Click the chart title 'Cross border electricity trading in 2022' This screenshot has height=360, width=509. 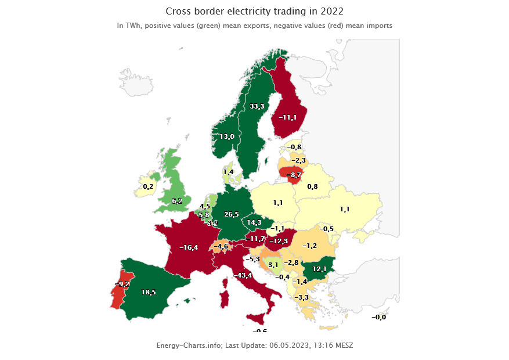pyautogui.click(x=255, y=11)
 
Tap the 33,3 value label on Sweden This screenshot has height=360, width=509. pyautogui.click(x=257, y=107)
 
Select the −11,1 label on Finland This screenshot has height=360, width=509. pyautogui.click(x=288, y=117)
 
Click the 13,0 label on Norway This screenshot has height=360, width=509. pyautogui.click(x=227, y=136)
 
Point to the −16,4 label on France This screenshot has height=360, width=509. pyautogui.click(x=189, y=247)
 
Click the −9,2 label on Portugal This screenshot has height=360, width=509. pyautogui.click(x=122, y=284)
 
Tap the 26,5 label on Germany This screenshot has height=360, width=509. pyautogui.click(x=232, y=215)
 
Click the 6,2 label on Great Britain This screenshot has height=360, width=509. pyautogui.click(x=177, y=201)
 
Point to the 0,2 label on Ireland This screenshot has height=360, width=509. pyautogui.click(x=148, y=187)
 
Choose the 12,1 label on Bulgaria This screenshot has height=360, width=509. pyautogui.click(x=320, y=269)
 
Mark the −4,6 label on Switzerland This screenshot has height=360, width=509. pyautogui.click(x=221, y=247)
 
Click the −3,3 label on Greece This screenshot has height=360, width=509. pyautogui.click(x=302, y=298)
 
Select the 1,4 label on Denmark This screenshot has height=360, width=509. pyautogui.click(x=228, y=172)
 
